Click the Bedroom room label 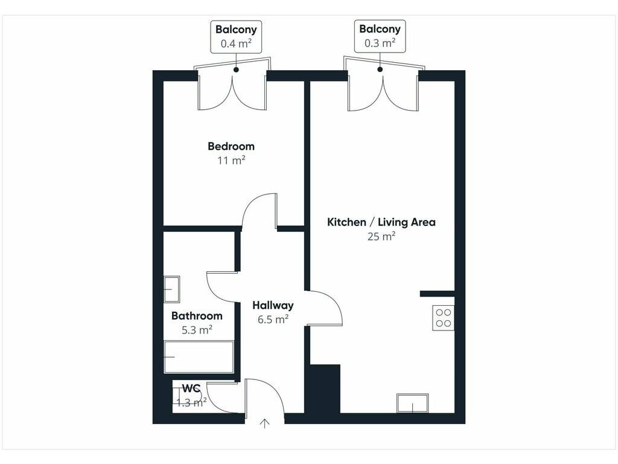(x=231, y=146)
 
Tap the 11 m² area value (x=231, y=160)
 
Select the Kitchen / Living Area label (x=381, y=222)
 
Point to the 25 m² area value (x=381, y=236)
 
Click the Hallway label (x=273, y=305)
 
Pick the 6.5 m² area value (x=273, y=319)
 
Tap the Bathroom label (x=197, y=315)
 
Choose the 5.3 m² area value (x=197, y=329)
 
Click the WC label (x=191, y=388)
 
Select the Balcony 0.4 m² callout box (x=236, y=37)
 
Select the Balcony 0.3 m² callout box (x=380, y=36)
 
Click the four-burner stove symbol (x=444, y=318)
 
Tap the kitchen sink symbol (x=412, y=403)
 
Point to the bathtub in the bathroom (x=199, y=357)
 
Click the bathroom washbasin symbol (x=172, y=289)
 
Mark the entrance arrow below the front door (x=265, y=424)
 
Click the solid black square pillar (x=325, y=388)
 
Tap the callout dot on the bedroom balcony (x=236, y=70)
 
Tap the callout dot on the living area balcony (x=380, y=69)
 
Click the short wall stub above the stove (x=437, y=294)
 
